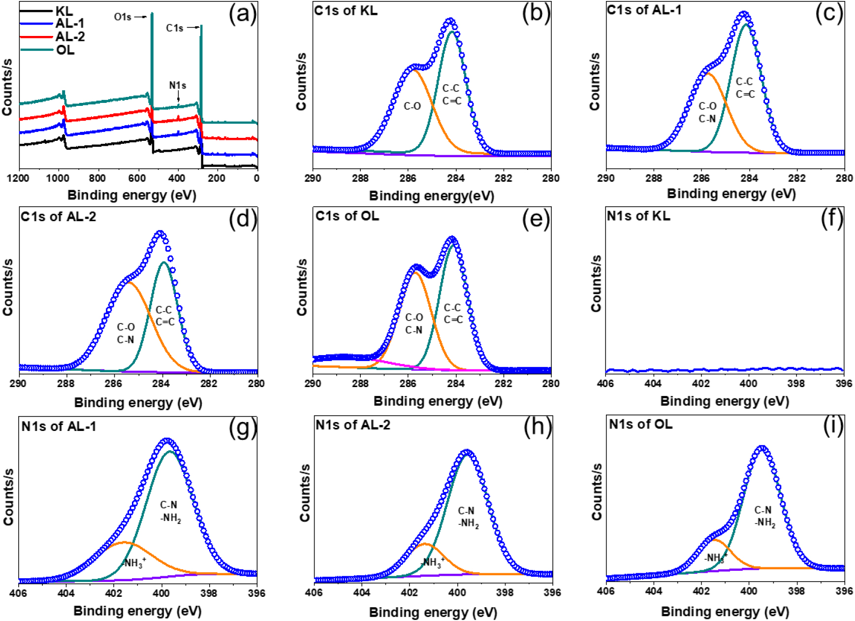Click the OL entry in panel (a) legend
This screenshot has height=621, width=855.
[x=64, y=50]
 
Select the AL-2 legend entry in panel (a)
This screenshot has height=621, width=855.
[x=70, y=36]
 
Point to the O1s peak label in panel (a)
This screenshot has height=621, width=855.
[x=123, y=17]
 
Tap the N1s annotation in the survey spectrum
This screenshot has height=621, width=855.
[x=178, y=86]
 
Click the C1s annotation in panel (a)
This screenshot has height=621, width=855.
[x=175, y=28]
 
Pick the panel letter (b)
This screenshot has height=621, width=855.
[x=536, y=13]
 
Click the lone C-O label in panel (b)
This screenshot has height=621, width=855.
[x=412, y=106]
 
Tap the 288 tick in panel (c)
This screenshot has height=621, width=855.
[x=654, y=178]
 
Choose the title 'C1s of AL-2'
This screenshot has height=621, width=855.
[x=58, y=216]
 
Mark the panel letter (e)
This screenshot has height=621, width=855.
[x=536, y=219]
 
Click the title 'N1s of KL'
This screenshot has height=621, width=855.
[x=638, y=216]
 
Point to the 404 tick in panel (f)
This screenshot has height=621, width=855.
[x=653, y=383]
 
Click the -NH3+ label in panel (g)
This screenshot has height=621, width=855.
[x=134, y=562]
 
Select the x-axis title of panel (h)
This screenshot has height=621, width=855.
[x=433, y=612]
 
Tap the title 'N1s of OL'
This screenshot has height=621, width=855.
[x=640, y=424]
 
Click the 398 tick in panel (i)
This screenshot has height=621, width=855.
[x=796, y=591]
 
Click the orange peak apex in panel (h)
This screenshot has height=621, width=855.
[x=425, y=544]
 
